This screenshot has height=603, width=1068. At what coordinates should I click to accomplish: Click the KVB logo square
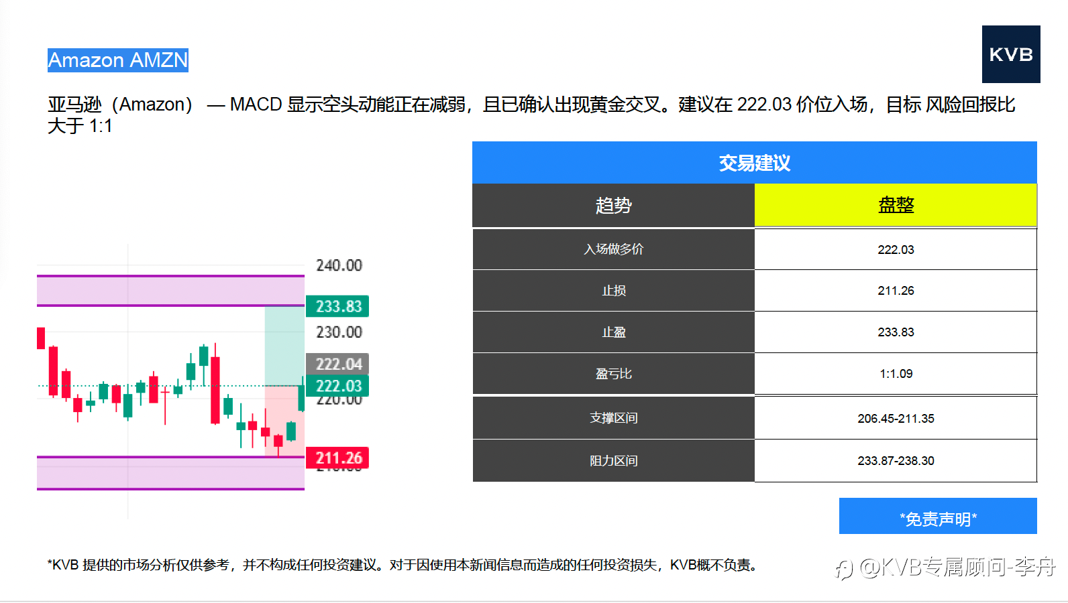coord(1011,54)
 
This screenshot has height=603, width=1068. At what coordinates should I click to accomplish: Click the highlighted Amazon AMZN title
coord(118,60)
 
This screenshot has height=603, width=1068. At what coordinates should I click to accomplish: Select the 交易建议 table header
coord(754,162)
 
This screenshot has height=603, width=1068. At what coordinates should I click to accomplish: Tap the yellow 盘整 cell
coord(896,205)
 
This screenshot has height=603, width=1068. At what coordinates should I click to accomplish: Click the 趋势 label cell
coord(613,205)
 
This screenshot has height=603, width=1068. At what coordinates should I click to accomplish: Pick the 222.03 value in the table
coord(896,250)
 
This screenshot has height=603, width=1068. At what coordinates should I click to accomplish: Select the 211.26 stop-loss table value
coord(896,291)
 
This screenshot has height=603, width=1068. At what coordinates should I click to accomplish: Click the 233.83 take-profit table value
coord(896,332)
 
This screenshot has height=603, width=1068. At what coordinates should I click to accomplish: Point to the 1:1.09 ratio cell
coord(896,373)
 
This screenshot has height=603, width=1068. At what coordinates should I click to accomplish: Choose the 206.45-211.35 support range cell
coord(896,418)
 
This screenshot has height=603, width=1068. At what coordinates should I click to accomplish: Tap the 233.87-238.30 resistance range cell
coord(896,460)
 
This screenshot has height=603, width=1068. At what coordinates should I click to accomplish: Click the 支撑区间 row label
coord(613,417)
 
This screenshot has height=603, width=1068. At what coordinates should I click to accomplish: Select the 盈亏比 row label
coord(613,373)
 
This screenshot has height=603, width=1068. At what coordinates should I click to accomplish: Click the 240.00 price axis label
coord(339,265)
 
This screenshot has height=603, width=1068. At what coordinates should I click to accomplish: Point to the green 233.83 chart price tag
coord(337,306)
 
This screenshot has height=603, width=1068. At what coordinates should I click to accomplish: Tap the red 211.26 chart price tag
coord(337,458)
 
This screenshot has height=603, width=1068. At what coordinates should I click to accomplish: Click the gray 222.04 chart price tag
coord(337,364)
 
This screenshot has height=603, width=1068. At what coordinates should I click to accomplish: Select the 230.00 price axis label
coord(339,332)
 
